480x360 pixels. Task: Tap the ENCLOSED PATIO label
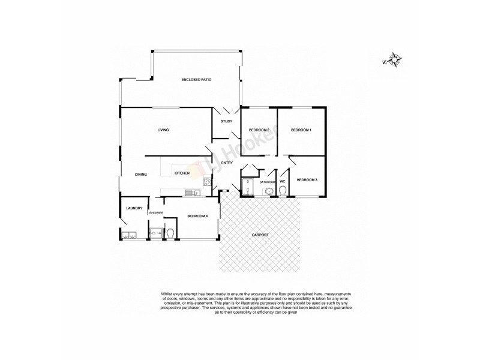click(x=196, y=80)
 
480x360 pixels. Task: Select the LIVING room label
click(x=163, y=130)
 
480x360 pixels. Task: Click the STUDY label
click(x=226, y=122)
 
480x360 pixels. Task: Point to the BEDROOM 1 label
click(x=301, y=130)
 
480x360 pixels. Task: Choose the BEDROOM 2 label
click(x=259, y=130)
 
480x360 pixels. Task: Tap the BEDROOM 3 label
click(x=307, y=179)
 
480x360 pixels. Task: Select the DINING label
click(x=141, y=175)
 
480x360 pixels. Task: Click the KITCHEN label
click(x=182, y=173)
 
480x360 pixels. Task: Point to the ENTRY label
click(x=227, y=163)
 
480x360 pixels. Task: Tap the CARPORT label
click(x=259, y=235)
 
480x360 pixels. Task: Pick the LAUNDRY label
click(x=134, y=209)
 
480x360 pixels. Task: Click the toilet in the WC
click(x=283, y=191)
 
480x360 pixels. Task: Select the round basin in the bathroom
click(x=269, y=191)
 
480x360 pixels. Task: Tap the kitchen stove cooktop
click(x=206, y=182)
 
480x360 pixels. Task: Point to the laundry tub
click(x=128, y=235)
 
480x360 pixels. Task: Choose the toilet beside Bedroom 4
click(x=170, y=233)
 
